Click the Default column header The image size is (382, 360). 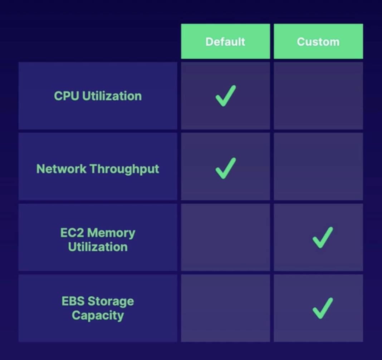point(225,42)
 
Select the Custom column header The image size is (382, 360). point(318,42)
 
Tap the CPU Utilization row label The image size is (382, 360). point(98,96)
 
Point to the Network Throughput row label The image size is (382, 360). point(98,169)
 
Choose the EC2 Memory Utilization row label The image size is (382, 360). point(98,240)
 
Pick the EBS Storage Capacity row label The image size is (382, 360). point(98,308)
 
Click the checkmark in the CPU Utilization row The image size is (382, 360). point(226,96)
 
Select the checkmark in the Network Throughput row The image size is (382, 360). point(226,168)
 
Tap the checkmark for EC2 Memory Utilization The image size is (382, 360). point(323,238)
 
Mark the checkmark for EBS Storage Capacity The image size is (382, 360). point(323,308)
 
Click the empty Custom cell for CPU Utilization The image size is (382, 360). point(318,96)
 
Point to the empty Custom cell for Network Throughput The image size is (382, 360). point(318,166)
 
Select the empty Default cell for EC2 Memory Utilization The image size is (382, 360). point(225,237)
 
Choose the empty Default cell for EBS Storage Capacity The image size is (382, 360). point(225,308)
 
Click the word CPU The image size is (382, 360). point(67,96)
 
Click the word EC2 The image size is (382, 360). point(72,233)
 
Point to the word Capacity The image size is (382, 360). point(98,315)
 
